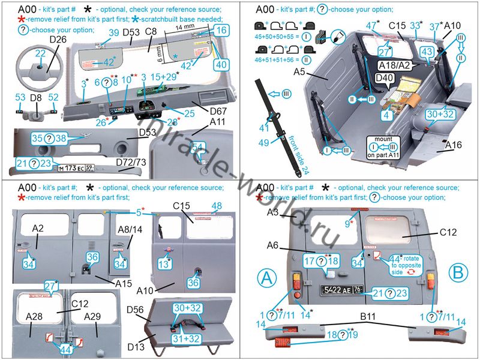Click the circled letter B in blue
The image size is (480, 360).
coord(457,278)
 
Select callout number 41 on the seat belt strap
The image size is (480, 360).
coord(263,127)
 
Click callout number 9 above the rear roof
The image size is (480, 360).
coord(347,223)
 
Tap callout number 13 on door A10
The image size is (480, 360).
coord(161,263)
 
